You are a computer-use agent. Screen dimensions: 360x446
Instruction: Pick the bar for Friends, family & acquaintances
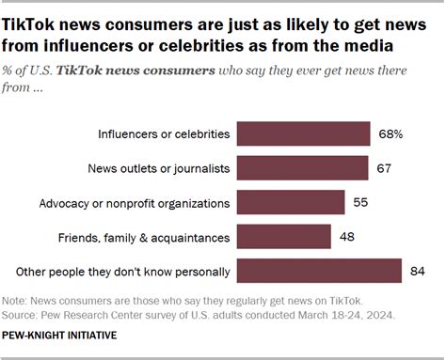(x=283, y=236)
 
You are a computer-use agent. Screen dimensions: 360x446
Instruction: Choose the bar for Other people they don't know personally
(x=318, y=271)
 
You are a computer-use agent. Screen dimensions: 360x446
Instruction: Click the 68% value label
(x=390, y=133)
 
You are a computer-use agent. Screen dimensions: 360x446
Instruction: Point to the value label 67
(x=383, y=167)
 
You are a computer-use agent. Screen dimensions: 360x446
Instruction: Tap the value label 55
(x=359, y=202)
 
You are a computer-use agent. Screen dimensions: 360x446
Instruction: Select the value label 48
(x=346, y=236)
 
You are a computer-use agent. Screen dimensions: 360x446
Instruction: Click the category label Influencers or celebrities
(x=164, y=133)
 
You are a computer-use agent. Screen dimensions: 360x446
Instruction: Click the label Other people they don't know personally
(x=124, y=272)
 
